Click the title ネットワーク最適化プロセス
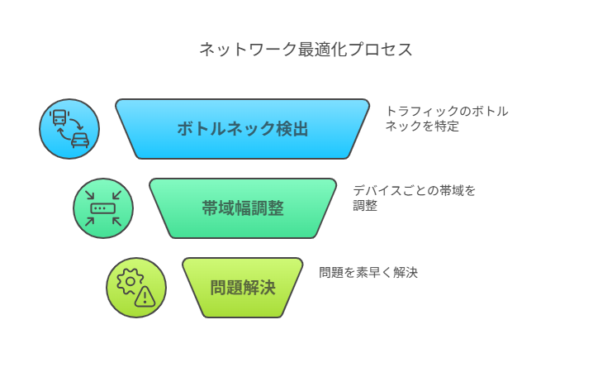coord(306,50)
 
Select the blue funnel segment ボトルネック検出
coord(242,129)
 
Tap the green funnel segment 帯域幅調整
coord(242,208)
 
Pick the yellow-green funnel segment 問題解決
coord(242,288)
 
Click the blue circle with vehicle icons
coord(69,129)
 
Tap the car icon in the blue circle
coord(80,141)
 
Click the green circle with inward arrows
coord(103,208)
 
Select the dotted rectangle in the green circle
coord(103,208)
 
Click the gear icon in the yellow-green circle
coord(130,281)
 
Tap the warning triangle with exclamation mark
coord(145,298)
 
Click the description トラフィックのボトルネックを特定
coord(447,119)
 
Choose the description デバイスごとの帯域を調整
coord(414,198)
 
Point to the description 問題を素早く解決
coord(368,272)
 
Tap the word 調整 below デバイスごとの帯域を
coord(365,206)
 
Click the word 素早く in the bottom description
coord(374,272)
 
